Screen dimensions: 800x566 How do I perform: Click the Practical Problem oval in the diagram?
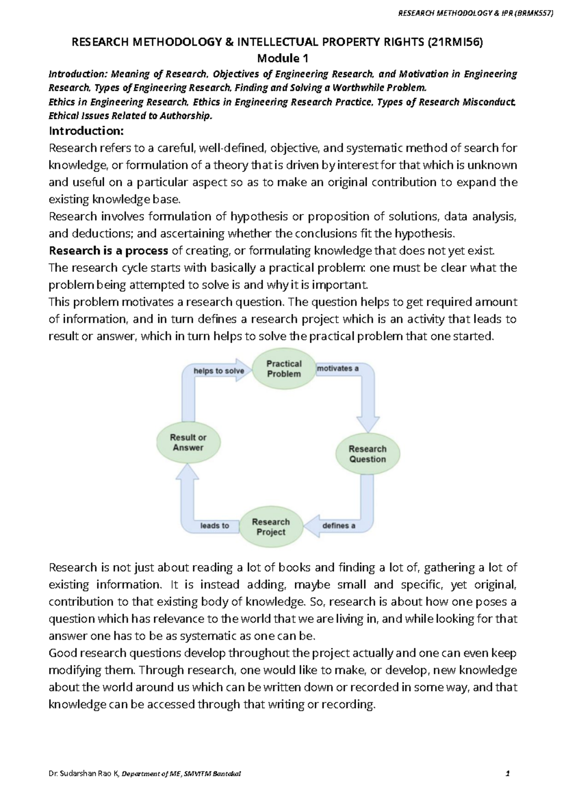pyautogui.click(x=283, y=369)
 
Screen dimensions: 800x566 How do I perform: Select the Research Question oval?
pyautogui.click(x=367, y=454)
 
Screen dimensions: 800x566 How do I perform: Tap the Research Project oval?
pyautogui.click(x=271, y=527)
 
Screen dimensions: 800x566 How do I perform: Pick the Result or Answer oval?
pyautogui.click(x=188, y=442)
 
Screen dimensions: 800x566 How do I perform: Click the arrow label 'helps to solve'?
pyautogui.click(x=219, y=371)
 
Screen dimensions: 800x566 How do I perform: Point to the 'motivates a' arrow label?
pyautogui.click(x=338, y=368)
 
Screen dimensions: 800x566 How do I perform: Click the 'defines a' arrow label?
pyautogui.click(x=339, y=525)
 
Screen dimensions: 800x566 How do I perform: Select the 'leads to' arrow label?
pyautogui.click(x=215, y=525)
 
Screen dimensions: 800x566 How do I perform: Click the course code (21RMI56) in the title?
pyautogui.click(x=455, y=42)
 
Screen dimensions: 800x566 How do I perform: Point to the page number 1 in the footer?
pyautogui.click(x=508, y=774)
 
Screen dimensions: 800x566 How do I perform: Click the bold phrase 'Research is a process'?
pyautogui.click(x=108, y=250)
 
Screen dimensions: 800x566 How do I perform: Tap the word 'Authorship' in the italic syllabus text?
pyautogui.click(x=186, y=116)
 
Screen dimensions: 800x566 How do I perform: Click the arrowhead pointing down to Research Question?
pyautogui.click(x=368, y=424)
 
